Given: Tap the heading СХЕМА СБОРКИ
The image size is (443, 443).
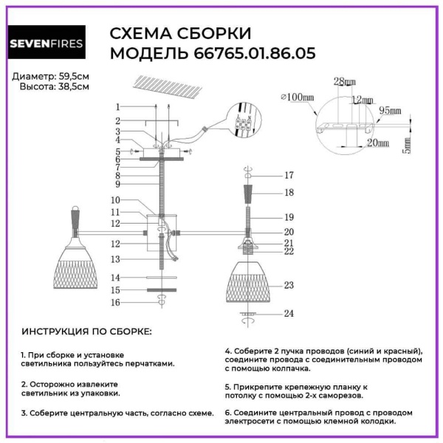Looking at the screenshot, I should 180,34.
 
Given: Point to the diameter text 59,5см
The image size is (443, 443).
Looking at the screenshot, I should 75,76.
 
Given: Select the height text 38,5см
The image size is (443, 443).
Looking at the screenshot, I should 75,86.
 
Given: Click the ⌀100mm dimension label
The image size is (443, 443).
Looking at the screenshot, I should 298,97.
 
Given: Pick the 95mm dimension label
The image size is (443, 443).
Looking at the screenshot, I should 390,110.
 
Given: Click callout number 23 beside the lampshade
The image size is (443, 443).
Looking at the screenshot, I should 289,285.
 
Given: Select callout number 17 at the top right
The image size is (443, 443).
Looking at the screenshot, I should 289,175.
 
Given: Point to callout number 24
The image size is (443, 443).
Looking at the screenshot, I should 289,313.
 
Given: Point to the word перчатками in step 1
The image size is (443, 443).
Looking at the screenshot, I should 150,363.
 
